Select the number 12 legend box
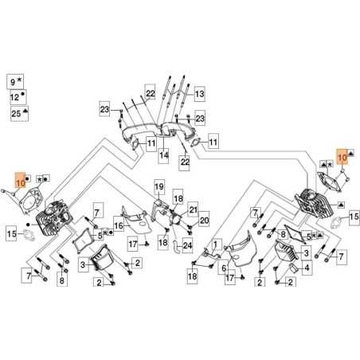14,97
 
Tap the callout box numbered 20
203,221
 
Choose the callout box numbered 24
188,246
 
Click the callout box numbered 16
118,226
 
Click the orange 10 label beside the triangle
342,158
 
